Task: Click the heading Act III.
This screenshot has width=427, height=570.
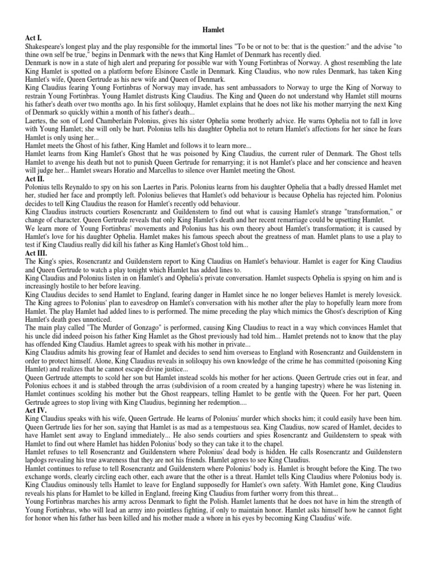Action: (37, 253)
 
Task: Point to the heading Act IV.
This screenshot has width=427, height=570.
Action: (37, 410)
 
